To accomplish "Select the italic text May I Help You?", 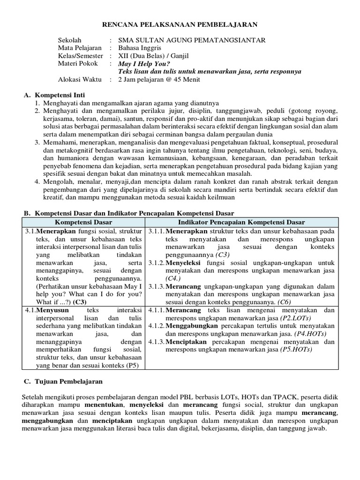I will coord(144,64).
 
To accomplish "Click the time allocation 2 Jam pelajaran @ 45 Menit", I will coord(159,79).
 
